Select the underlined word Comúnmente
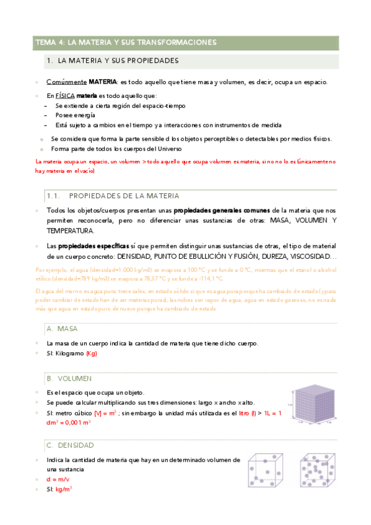pos(66,82)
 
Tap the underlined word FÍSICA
pos(65,96)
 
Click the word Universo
pos(166,149)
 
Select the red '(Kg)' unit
pos(91,354)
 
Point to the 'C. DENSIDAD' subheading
pos(69,446)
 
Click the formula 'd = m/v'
pos(59,480)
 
